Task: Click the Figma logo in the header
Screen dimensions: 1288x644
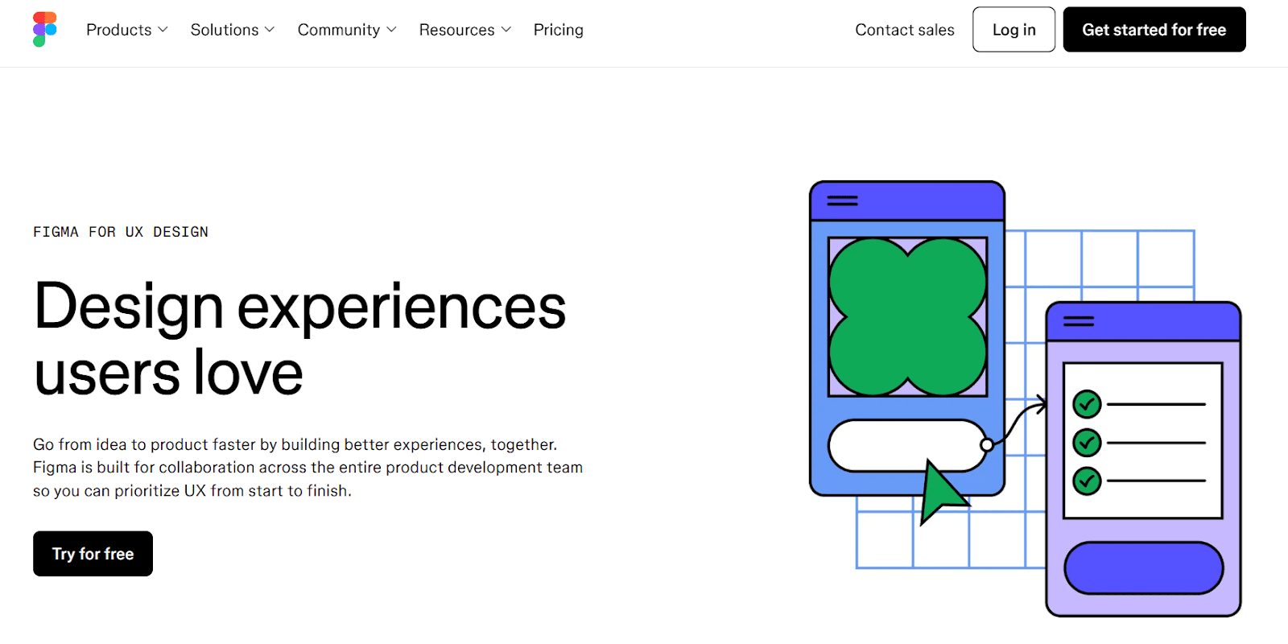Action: point(45,29)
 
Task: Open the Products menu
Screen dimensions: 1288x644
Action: point(127,30)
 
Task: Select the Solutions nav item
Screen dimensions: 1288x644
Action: point(233,30)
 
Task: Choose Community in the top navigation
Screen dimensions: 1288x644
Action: point(347,30)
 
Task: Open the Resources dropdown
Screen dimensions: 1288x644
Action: point(464,30)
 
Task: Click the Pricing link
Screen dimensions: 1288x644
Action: point(559,30)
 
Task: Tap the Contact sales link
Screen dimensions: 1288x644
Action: point(905,30)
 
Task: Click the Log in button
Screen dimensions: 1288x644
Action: point(1013,29)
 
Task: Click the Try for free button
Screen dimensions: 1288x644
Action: point(93,553)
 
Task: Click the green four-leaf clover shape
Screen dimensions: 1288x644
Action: point(907,317)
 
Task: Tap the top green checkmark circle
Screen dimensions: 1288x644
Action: point(1087,404)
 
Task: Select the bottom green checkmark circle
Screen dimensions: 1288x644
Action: point(1087,481)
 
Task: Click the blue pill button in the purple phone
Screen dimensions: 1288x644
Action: point(1144,568)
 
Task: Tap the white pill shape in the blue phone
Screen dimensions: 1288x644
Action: point(906,446)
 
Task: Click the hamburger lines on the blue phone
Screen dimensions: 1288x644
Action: point(842,200)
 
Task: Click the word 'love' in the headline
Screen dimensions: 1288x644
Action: point(248,373)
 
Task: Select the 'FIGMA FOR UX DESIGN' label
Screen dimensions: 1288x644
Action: point(121,232)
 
